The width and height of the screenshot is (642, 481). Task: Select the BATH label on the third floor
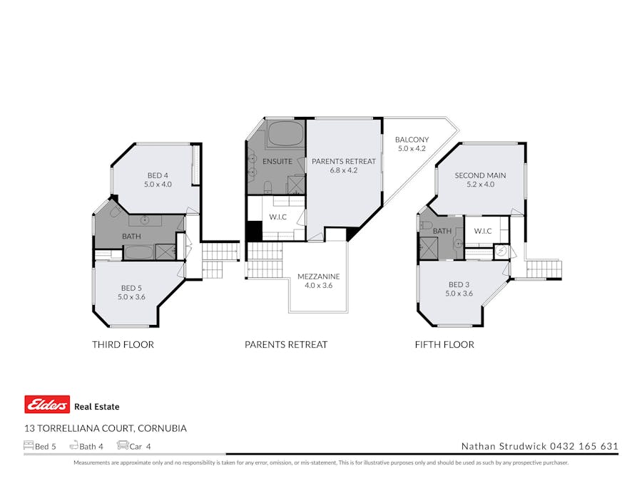coord(131,237)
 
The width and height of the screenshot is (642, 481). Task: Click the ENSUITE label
coord(277,162)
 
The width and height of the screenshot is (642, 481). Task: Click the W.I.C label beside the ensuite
coord(277,217)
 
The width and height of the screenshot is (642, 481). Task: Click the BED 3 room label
coord(459,289)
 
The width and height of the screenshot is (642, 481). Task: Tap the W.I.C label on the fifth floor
coord(482,231)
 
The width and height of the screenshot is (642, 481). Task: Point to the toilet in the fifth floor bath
coord(426,225)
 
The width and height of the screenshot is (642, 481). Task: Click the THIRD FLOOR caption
coord(123,345)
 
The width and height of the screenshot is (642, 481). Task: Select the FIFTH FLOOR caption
coord(444,345)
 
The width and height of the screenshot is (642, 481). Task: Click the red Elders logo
coord(47,405)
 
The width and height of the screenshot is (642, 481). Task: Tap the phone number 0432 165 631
coord(584,447)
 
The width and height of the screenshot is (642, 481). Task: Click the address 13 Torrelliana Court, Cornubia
coord(106,428)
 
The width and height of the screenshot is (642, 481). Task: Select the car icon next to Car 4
coord(123,446)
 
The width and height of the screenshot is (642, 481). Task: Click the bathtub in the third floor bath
coord(138,252)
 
